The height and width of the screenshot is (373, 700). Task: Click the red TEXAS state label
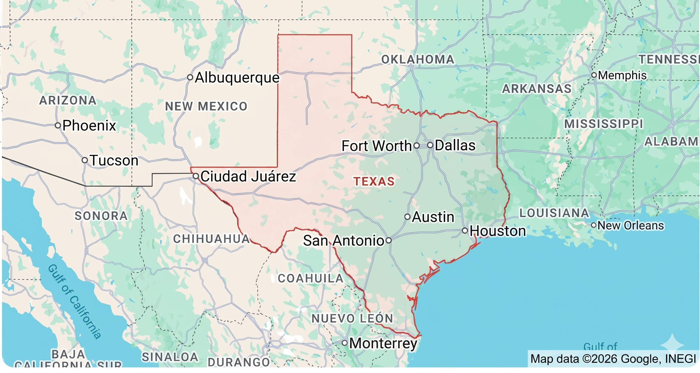point(374,182)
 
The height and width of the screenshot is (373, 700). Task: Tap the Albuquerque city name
point(237,78)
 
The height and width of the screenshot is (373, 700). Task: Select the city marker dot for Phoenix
point(58,125)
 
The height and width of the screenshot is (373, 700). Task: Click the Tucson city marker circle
point(85,160)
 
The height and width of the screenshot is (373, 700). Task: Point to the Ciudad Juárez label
point(248,176)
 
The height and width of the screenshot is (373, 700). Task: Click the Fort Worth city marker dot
point(417,146)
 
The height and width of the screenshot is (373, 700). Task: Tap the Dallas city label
point(455,145)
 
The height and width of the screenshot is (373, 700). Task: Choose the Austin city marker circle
point(407,217)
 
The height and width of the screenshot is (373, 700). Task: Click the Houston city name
point(498,231)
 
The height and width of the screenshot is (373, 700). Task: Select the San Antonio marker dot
point(389,240)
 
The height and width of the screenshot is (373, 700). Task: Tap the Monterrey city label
point(383,343)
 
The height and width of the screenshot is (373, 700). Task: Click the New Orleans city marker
point(594,225)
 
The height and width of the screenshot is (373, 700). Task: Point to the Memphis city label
point(622,75)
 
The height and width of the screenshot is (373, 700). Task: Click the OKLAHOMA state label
point(418,60)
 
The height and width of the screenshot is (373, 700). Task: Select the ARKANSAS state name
point(537,89)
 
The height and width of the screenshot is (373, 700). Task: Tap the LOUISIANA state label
point(554,213)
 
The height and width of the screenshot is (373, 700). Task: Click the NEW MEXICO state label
point(206,106)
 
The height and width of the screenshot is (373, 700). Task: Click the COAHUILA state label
point(310,279)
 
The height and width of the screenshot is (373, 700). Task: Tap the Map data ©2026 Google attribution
point(613,359)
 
